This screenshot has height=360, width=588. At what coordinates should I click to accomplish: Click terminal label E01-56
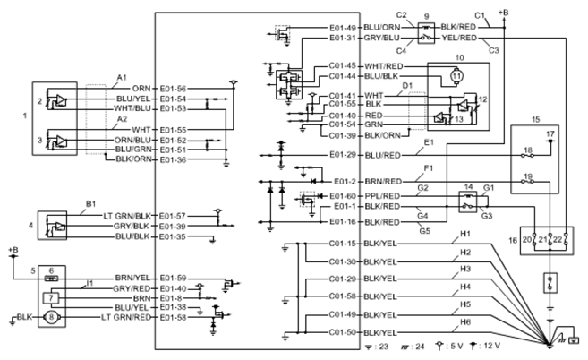point(173,89)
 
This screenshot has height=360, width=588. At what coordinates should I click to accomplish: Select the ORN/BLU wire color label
point(132,140)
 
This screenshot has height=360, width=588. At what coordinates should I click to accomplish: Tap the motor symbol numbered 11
point(456,76)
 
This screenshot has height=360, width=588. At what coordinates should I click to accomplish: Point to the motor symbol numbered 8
point(51,318)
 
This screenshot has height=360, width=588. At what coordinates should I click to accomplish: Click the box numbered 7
point(51,298)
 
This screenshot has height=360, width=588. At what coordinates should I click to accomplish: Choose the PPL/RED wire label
point(382,196)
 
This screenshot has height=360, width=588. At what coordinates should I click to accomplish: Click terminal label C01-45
point(343,66)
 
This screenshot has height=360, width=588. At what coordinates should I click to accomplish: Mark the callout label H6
point(465,322)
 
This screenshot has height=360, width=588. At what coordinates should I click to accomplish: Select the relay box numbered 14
point(467,201)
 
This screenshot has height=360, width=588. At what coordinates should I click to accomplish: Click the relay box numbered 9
point(426,33)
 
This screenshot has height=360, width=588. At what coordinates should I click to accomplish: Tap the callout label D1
point(407,86)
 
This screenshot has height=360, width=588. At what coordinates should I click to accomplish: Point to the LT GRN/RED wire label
point(126,318)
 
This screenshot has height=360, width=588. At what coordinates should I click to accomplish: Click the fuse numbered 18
point(528,155)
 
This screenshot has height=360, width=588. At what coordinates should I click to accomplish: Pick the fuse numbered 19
point(528,182)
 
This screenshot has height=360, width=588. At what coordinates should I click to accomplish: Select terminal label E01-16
point(343,222)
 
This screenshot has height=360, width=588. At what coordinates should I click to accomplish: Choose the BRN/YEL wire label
point(132,279)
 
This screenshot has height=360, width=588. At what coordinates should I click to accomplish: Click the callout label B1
point(91,204)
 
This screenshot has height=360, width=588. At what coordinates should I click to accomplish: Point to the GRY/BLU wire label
point(382,38)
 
